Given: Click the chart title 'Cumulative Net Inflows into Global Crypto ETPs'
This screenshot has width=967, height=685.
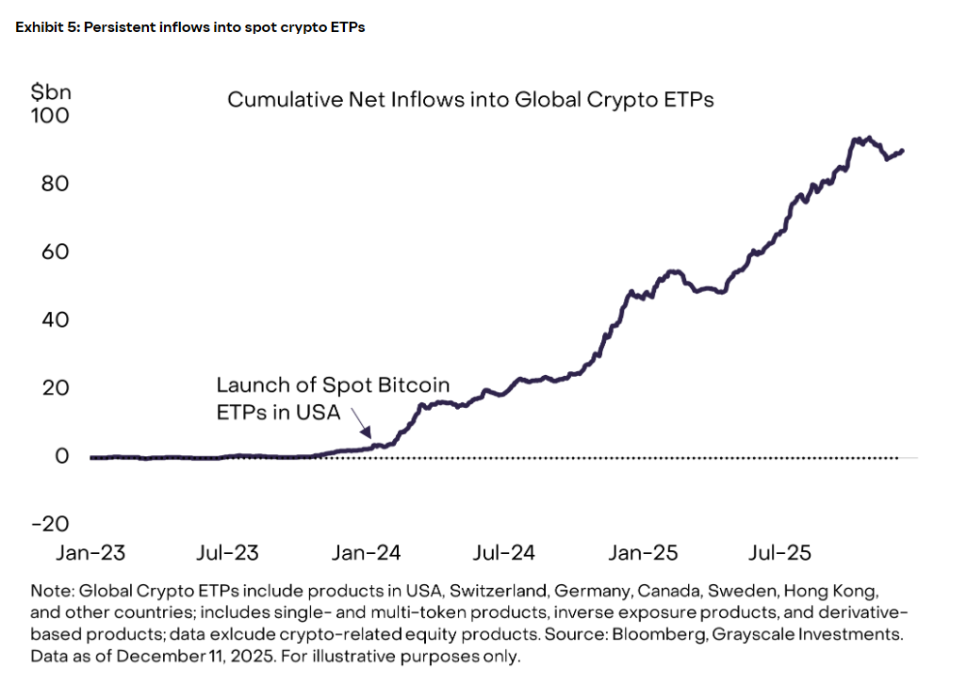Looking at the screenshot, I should click(x=470, y=100).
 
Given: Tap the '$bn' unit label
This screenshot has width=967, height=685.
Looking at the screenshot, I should click(x=51, y=92).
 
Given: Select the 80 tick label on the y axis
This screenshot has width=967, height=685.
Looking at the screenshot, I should click(x=55, y=183).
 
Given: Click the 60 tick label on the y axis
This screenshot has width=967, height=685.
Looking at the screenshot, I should click(x=55, y=252).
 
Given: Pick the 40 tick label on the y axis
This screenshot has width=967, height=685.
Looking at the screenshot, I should click(x=55, y=319).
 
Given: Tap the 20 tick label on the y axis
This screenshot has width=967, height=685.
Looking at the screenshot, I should click(x=55, y=387).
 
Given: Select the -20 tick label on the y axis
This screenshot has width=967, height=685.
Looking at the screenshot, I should click(x=50, y=524).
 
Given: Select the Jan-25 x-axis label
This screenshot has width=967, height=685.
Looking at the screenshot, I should click(x=645, y=553).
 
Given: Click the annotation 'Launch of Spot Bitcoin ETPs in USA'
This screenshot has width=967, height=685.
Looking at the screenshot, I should click(x=333, y=400).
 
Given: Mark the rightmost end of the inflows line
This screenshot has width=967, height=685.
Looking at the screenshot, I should click(x=903, y=151).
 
